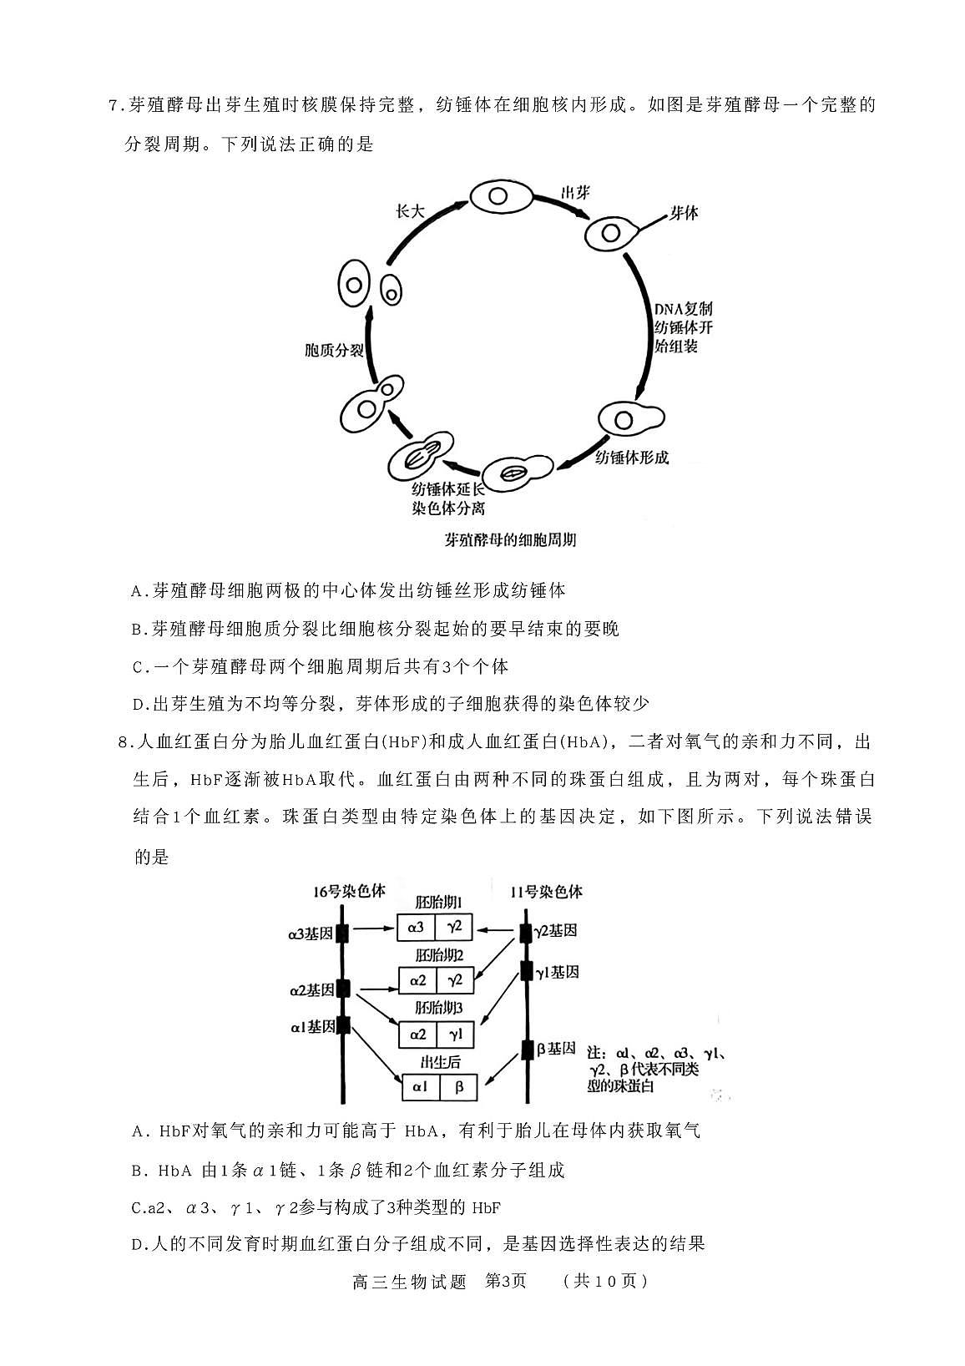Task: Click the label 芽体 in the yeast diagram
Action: [x=683, y=213]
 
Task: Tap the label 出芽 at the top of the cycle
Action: [x=575, y=193]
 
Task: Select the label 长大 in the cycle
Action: [x=409, y=211]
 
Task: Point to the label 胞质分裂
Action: [x=333, y=350]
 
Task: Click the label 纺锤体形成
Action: [x=632, y=457]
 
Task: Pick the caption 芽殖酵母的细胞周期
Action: [x=510, y=539]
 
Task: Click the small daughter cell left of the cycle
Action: [x=391, y=291]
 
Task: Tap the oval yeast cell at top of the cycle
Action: [x=498, y=198]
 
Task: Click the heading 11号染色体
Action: [x=547, y=892]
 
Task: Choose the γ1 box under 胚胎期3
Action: [x=455, y=1035]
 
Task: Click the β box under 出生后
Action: [x=459, y=1087]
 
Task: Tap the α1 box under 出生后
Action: [x=419, y=1087]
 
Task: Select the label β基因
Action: [x=556, y=1049]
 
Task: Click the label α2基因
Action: [x=311, y=990]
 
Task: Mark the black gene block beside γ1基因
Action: [x=526, y=971]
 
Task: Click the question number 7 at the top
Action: [x=114, y=106]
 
